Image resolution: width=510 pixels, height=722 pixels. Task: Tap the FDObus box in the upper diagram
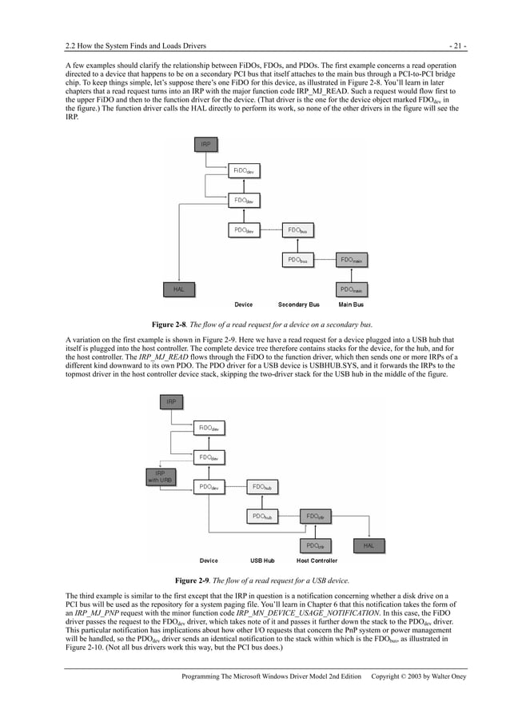tap(296, 230)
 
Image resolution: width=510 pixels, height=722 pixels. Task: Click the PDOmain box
tap(351, 289)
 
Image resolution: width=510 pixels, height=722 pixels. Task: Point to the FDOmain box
tap(351, 260)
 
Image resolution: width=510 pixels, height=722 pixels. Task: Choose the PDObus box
tap(296, 260)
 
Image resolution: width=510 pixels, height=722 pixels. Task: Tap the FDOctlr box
tap(315, 517)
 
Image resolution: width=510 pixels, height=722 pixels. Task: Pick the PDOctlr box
tap(315, 546)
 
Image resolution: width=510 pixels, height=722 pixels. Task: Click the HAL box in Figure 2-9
tap(369, 546)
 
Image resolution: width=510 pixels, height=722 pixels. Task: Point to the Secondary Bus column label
tap(298, 305)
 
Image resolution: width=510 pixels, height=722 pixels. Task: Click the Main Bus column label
tap(351, 305)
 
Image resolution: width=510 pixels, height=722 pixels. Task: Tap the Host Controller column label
tap(317, 560)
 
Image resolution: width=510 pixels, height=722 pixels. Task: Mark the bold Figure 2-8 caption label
tap(169, 325)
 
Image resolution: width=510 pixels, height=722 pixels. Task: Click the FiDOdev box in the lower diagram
tap(209, 428)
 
